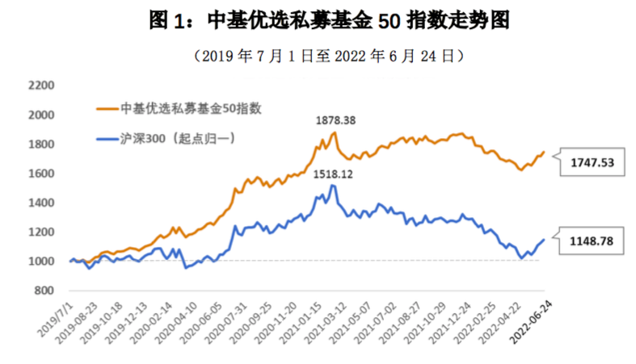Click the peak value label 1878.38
pyautogui.click(x=335, y=120)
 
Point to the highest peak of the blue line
pyautogui.click(x=332, y=186)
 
